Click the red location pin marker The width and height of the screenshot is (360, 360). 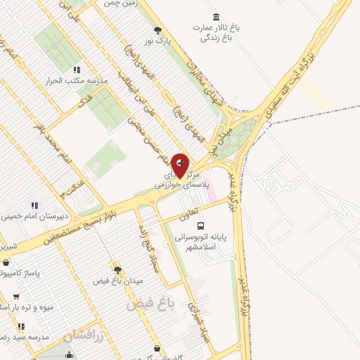pyautogui.click(x=180, y=165)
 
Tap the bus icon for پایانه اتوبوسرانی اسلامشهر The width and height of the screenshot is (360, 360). pyautogui.click(x=201, y=226)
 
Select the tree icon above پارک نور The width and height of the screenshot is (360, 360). pyautogui.click(x=157, y=30)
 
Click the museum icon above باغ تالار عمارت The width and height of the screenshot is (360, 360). pyautogui.click(x=214, y=16)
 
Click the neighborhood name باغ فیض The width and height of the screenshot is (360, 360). pyautogui.click(x=149, y=304)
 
